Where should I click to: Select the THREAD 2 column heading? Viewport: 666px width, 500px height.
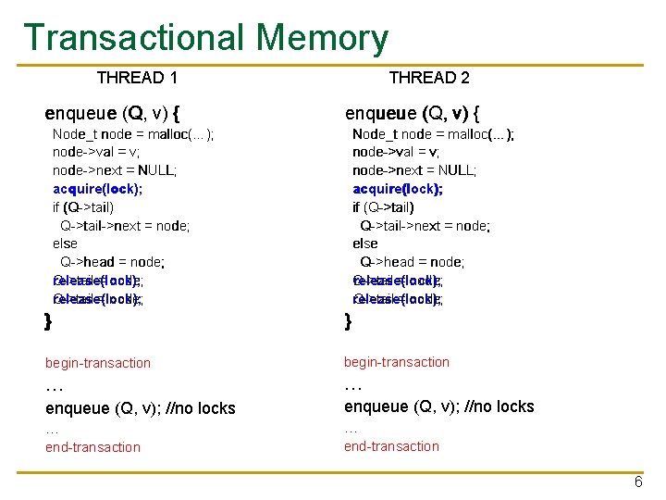(x=429, y=78)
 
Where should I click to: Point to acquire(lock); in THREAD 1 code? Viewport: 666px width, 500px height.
(x=97, y=189)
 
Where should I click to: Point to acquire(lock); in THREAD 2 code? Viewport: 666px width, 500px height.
(x=397, y=189)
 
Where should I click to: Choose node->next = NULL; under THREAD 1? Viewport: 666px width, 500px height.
(x=115, y=170)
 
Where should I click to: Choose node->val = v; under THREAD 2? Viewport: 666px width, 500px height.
(x=396, y=152)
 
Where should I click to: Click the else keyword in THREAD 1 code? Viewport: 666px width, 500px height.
(x=65, y=244)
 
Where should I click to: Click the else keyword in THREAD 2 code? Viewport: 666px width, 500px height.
(x=364, y=244)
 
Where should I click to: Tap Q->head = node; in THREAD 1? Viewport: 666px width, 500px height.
(x=112, y=262)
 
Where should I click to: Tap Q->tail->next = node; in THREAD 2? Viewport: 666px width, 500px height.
(x=425, y=225)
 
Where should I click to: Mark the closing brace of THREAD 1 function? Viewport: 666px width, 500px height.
(x=48, y=321)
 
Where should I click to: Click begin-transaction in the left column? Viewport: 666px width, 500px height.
(x=98, y=363)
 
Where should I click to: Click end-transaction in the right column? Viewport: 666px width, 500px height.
(x=391, y=446)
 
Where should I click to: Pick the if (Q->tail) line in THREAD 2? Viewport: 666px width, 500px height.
(x=383, y=207)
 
